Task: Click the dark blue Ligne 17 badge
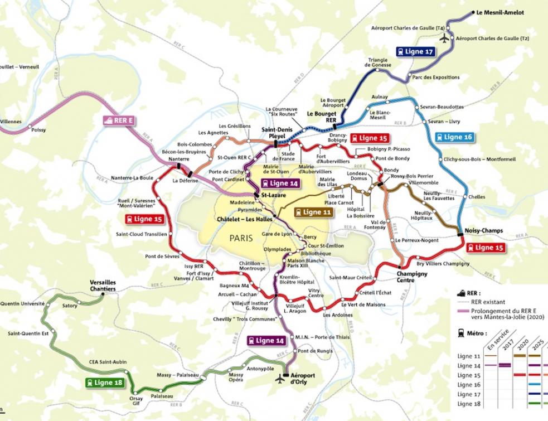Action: [415, 51]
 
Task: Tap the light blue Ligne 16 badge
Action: [454, 137]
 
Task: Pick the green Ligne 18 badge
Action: [105, 383]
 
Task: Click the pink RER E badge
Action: [119, 119]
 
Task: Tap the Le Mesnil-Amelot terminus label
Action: [500, 12]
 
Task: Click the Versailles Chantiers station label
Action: [103, 286]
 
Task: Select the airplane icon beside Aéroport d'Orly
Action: [280, 379]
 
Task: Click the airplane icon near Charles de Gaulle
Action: [444, 38]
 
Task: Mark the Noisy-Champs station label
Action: [483, 230]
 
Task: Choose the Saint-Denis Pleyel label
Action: [273, 132]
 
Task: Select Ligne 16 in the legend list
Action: [469, 385]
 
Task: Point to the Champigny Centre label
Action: [413, 277]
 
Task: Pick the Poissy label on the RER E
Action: [39, 130]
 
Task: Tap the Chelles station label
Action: [477, 197]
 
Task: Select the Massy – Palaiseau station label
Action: [178, 375]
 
